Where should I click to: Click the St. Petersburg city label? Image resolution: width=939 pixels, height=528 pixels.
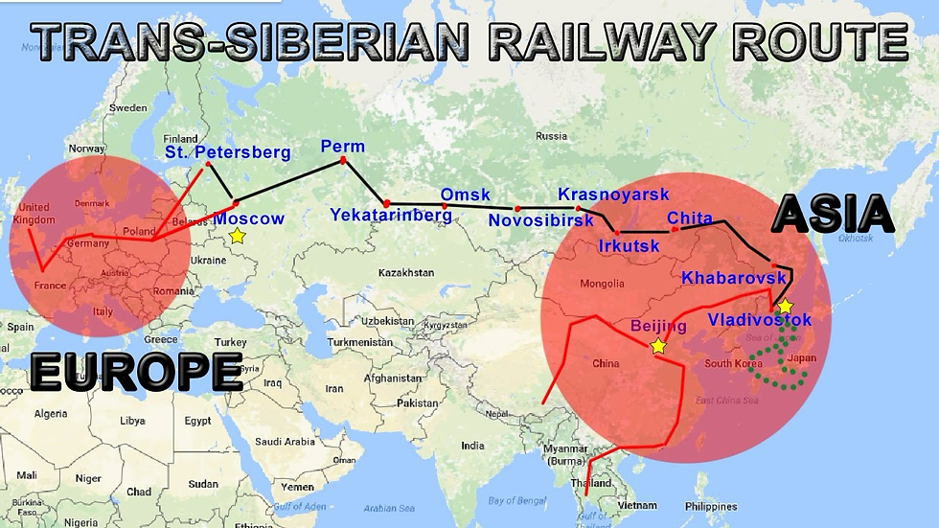(227, 152)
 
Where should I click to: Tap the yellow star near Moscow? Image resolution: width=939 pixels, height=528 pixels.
(238, 236)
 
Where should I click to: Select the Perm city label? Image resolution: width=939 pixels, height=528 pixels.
(343, 147)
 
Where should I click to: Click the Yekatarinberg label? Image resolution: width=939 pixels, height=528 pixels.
(391, 216)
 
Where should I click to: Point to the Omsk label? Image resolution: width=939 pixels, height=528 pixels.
(465, 195)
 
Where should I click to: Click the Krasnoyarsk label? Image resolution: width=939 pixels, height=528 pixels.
(613, 195)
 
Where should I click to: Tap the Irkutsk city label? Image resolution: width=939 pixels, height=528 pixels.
(629, 246)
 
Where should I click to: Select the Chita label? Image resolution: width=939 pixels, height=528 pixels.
(690, 218)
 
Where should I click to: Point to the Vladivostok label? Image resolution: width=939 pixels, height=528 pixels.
(760, 320)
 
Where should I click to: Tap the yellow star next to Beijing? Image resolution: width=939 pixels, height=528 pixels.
(658, 346)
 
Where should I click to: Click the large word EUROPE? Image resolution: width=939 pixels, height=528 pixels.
(135, 372)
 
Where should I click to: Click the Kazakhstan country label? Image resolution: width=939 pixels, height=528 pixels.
(406, 273)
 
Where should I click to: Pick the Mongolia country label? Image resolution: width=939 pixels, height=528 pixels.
(603, 284)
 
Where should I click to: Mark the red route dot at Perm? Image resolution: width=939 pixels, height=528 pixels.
(342, 160)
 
